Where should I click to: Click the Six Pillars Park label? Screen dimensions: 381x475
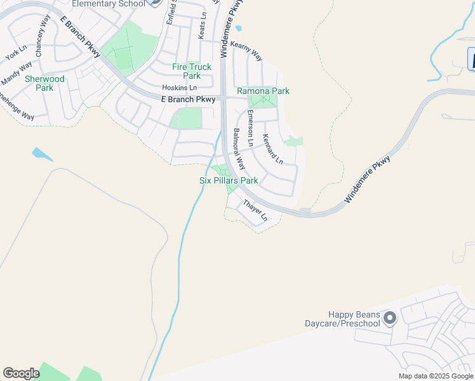(229, 180)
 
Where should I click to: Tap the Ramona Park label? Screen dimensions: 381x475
(263, 91)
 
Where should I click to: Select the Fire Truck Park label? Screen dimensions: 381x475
(192, 71)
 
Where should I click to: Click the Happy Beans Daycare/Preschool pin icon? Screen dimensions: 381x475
(389, 317)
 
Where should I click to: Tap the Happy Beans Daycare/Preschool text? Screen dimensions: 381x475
(354, 319)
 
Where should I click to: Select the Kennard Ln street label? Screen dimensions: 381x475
(272, 149)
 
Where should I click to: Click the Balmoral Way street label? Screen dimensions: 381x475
(239, 148)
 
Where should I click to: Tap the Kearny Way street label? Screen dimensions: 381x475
(246, 51)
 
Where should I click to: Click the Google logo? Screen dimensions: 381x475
(21, 373)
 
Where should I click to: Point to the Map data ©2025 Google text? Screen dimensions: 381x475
(436, 376)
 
